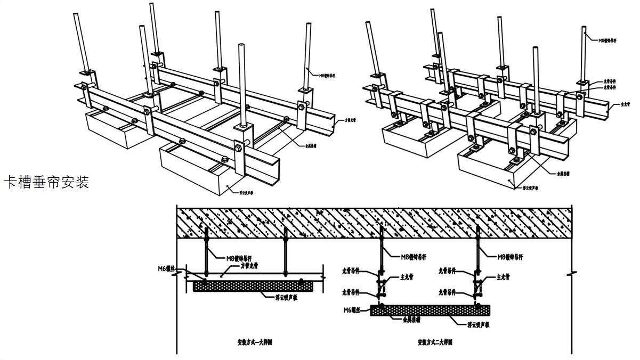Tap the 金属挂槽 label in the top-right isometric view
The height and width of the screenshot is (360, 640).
564,173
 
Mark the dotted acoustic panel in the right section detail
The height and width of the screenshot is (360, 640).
430,310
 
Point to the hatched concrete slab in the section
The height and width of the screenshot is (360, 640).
373,220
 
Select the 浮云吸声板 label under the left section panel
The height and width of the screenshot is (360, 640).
286,298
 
